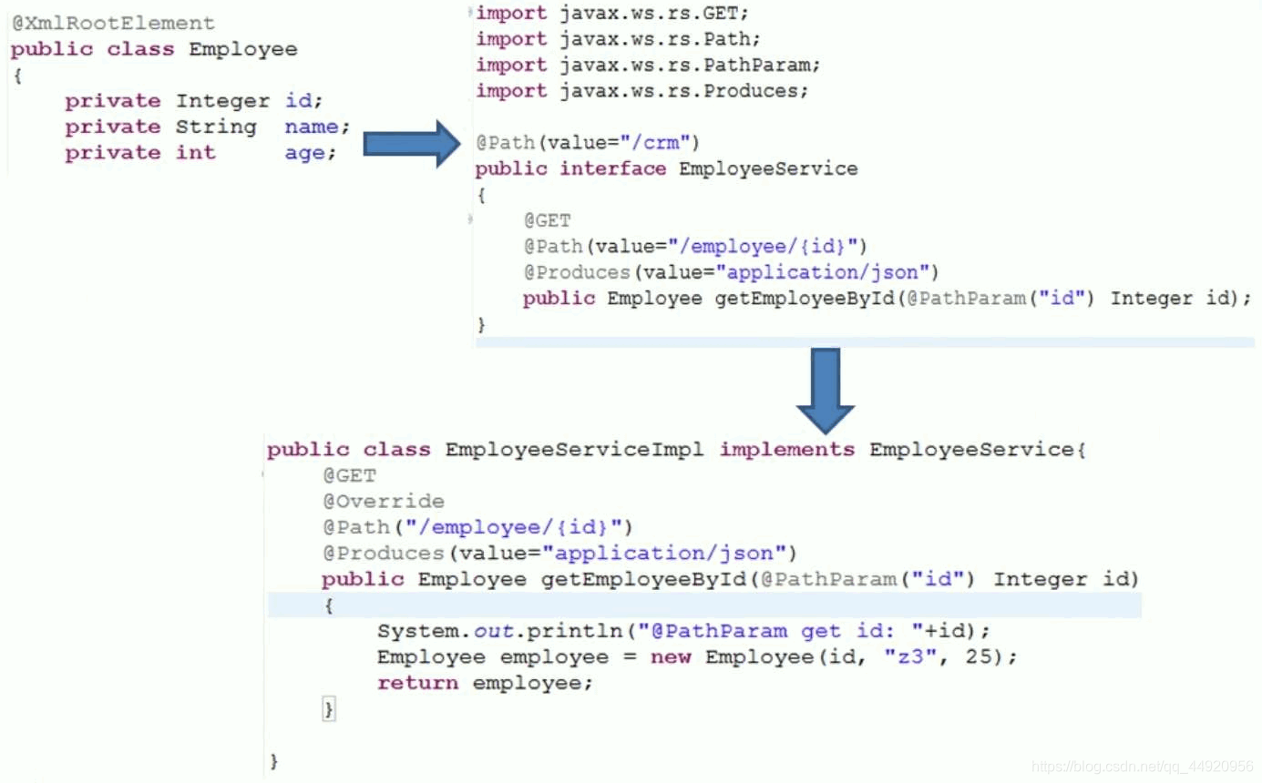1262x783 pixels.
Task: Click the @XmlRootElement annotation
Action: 113,23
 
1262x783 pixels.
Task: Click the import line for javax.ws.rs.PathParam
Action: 648,65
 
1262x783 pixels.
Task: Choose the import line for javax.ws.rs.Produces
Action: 642,91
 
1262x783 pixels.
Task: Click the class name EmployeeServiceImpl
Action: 574,450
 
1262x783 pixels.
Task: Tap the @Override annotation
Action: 384,501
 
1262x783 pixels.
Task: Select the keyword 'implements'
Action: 787,450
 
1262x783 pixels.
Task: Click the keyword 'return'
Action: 417,683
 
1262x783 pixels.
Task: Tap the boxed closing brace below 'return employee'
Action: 329,709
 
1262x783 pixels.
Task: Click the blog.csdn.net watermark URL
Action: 1143,766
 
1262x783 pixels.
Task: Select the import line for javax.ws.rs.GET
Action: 617,13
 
